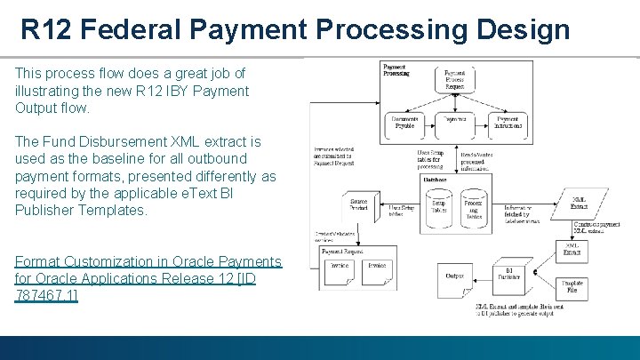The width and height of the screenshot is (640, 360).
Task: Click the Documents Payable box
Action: point(404,123)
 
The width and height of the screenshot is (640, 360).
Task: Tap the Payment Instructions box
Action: point(508,123)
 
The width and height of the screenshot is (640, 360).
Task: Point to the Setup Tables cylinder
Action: point(439,208)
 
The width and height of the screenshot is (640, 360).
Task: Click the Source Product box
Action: point(359,207)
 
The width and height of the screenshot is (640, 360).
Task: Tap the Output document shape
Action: point(455,276)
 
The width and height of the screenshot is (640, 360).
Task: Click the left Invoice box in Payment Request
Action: point(340,269)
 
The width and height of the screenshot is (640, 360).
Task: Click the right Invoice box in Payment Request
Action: point(377,269)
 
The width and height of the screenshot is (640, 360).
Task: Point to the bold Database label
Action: point(436,180)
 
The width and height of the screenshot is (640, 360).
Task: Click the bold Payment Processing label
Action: point(396,70)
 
